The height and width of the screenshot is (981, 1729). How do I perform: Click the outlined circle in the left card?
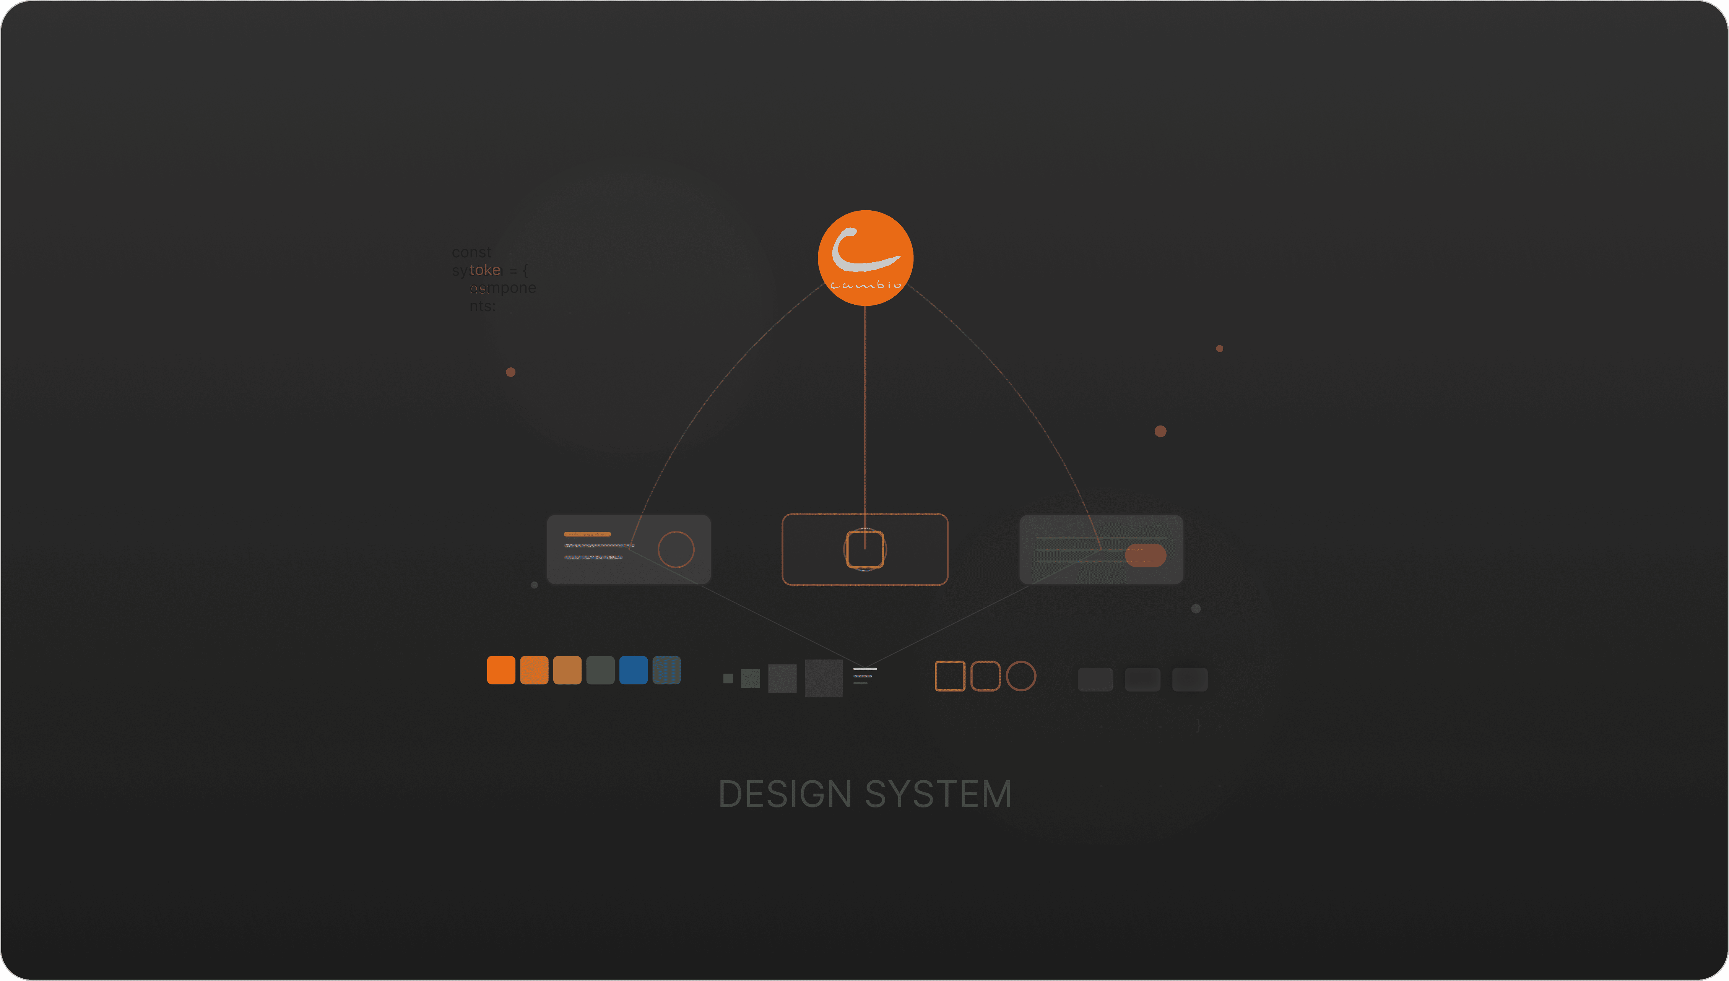point(676,549)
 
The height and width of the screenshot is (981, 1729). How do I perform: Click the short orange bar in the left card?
point(587,534)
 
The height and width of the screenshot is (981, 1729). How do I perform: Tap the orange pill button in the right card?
point(1146,555)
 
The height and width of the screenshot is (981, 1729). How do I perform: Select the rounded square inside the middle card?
point(865,549)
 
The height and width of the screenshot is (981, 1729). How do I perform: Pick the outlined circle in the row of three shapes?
point(1021,676)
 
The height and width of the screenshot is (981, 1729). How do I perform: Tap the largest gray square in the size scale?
point(824,678)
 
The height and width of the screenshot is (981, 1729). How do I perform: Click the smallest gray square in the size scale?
point(728,678)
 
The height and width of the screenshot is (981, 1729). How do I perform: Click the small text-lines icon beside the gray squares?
point(864,676)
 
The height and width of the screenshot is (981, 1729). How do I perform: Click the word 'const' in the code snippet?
point(471,252)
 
